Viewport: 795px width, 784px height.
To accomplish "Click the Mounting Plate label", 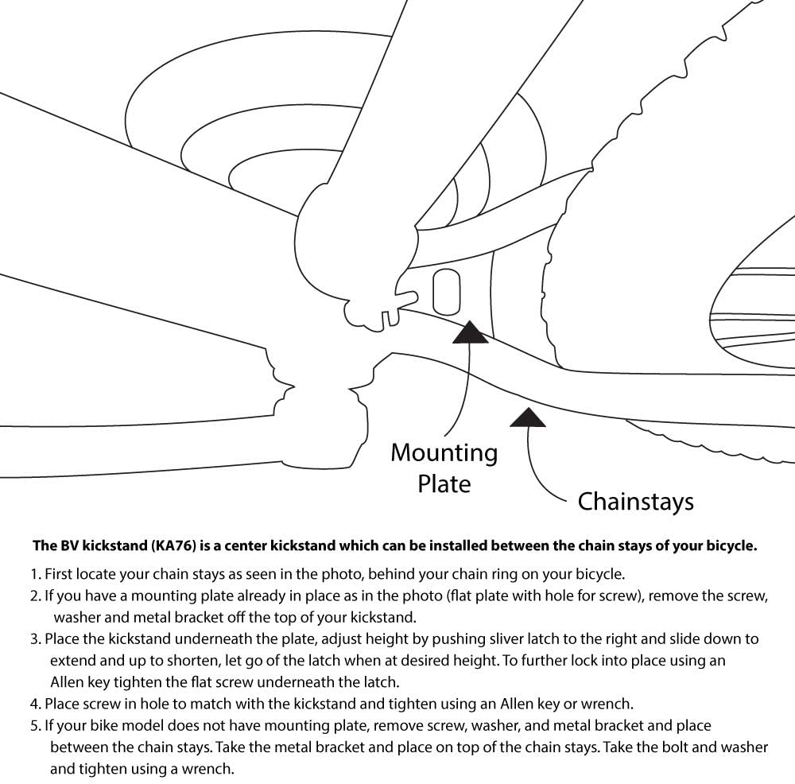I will pos(444,468).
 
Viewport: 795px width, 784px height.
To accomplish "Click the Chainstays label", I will pos(635,502).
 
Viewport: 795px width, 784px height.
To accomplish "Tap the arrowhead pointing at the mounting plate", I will pos(469,333).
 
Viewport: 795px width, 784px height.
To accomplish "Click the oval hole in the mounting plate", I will pos(446,292).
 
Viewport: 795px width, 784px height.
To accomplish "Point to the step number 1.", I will pos(35,573).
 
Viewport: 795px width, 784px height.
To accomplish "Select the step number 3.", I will pos(35,639).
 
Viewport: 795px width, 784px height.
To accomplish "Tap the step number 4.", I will pos(35,704).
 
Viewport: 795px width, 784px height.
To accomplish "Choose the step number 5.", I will pos(35,725).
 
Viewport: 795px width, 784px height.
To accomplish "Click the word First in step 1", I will pos(59,573).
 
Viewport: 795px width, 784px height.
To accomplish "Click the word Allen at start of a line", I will pos(67,681).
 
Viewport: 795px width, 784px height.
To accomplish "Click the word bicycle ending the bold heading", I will pos(732,546).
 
